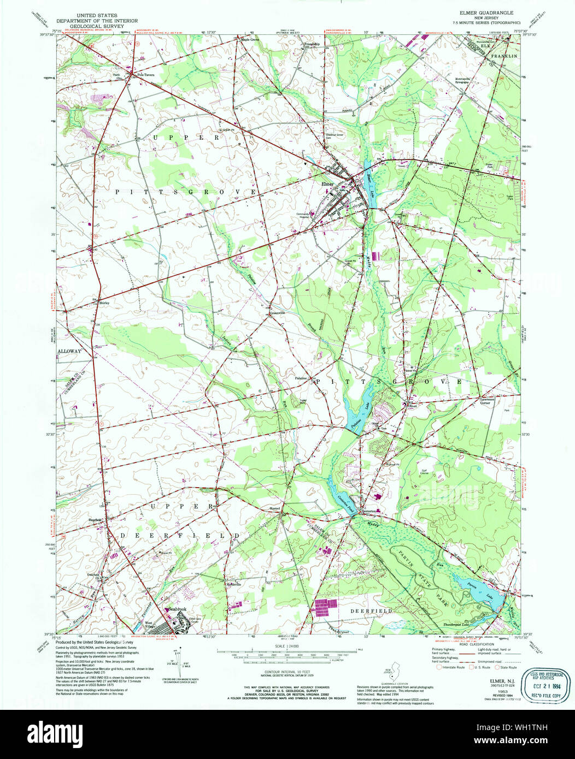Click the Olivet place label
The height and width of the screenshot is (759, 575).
point(412,406)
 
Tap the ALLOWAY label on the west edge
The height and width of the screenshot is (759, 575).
point(69,352)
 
